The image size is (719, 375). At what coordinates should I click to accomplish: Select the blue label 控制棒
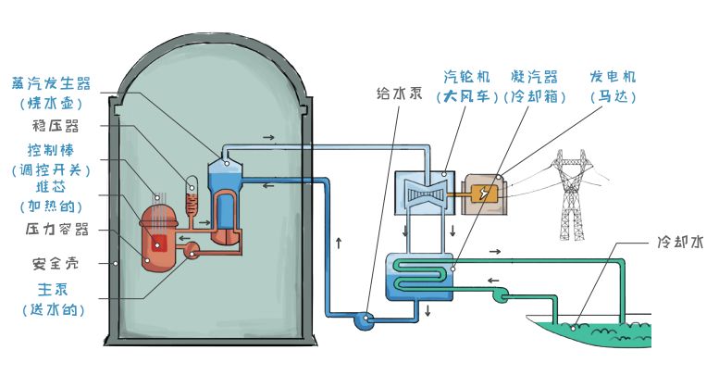51,149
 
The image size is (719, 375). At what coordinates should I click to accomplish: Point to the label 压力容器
51,228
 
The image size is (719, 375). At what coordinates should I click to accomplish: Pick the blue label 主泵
51,288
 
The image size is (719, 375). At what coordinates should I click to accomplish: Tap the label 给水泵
401,93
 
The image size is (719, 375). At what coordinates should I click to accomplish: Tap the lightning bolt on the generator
485,194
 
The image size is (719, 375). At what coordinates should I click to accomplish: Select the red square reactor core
160,244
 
